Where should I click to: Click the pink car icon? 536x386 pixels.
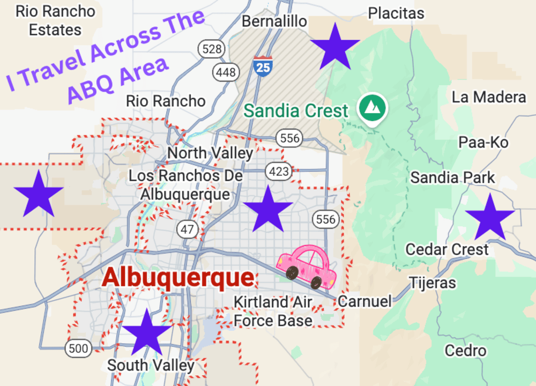click(307, 266)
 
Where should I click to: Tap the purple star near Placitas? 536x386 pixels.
click(335, 48)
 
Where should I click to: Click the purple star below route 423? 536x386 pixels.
click(267, 210)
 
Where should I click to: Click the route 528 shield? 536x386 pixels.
click(212, 50)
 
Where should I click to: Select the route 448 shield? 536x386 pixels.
click(226, 72)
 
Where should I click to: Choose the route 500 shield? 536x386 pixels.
click(78, 348)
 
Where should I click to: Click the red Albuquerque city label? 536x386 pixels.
click(178, 278)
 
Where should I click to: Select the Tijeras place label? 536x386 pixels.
click(433, 283)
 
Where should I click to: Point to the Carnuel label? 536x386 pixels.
click(364, 301)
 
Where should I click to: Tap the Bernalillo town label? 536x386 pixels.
click(274, 21)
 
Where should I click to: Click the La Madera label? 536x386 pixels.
click(489, 97)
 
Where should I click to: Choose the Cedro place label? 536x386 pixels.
click(466, 351)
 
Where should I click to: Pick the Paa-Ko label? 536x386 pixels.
click(483, 142)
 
